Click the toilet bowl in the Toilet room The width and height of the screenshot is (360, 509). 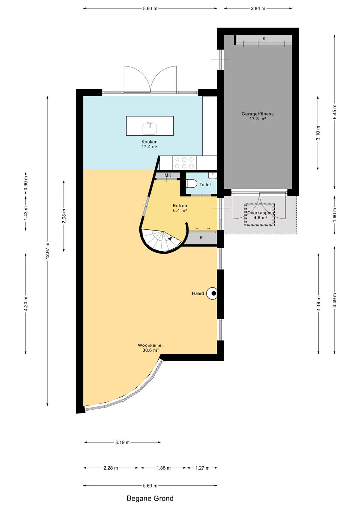[191, 183]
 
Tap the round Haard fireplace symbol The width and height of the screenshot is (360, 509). [211, 293]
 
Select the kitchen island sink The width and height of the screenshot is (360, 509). [150, 128]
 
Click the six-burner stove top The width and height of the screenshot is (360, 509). [185, 163]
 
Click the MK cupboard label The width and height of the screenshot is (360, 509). [168, 175]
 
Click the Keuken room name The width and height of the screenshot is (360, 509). [149, 142]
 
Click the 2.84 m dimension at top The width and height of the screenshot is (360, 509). [258, 8]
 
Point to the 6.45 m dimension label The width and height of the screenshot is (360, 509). [334, 112]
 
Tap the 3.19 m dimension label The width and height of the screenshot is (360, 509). [122, 443]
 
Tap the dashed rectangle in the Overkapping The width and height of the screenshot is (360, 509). [260, 215]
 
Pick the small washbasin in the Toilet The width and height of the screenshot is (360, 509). [213, 175]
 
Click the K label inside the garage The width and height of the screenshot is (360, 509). [264, 39]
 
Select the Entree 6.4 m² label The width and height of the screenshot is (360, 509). [180, 208]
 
